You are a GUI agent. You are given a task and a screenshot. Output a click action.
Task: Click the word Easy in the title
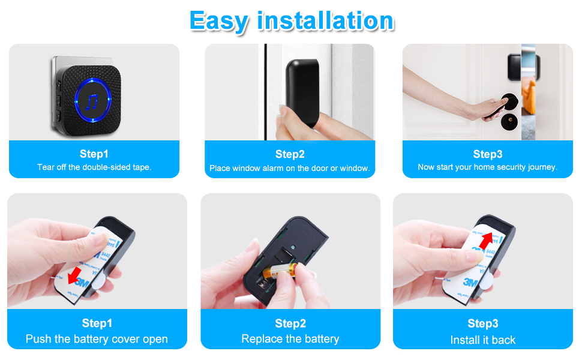[220, 21]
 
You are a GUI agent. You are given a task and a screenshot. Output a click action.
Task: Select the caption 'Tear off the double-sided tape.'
[94, 167]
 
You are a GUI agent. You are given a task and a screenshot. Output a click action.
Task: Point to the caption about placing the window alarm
[289, 168]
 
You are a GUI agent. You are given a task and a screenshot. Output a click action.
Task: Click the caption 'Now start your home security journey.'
[487, 167]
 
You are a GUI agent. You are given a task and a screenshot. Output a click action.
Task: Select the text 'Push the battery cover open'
[97, 339]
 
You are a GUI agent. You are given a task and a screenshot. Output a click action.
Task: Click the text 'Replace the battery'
[290, 339]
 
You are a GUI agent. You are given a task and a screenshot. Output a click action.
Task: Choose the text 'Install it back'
[483, 340]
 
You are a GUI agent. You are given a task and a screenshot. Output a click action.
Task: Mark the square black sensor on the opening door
[515, 65]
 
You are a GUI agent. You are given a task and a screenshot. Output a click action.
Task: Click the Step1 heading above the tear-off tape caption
[94, 154]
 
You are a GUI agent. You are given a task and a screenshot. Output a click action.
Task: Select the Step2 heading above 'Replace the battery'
[290, 324]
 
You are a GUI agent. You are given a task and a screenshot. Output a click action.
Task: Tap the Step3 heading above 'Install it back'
[483, 324]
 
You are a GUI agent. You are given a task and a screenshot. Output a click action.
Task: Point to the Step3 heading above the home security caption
[487, 154]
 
